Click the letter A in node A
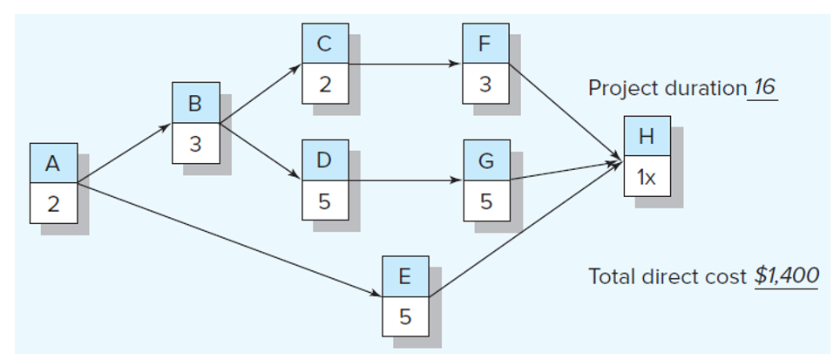pos(52,164)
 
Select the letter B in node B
pos(195,104)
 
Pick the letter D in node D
pos(324,161)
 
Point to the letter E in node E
pos(404,277)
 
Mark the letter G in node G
pos(486,161)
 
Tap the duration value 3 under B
pos(195,144)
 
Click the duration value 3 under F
pos(485,85)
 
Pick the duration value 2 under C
pos(324,85)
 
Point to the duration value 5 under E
pos(404,316)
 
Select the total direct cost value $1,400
pos(786,276)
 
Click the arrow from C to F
pos(405,65)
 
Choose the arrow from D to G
pos(405,181)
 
